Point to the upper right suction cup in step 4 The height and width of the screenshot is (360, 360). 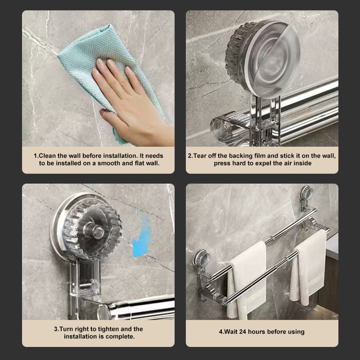(x=306, y=193)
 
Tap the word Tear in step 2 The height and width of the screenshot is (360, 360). (x=201, y=156)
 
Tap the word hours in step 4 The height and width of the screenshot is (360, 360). (x=258, y=332)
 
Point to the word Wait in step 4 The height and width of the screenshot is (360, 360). (x=230, y=332)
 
